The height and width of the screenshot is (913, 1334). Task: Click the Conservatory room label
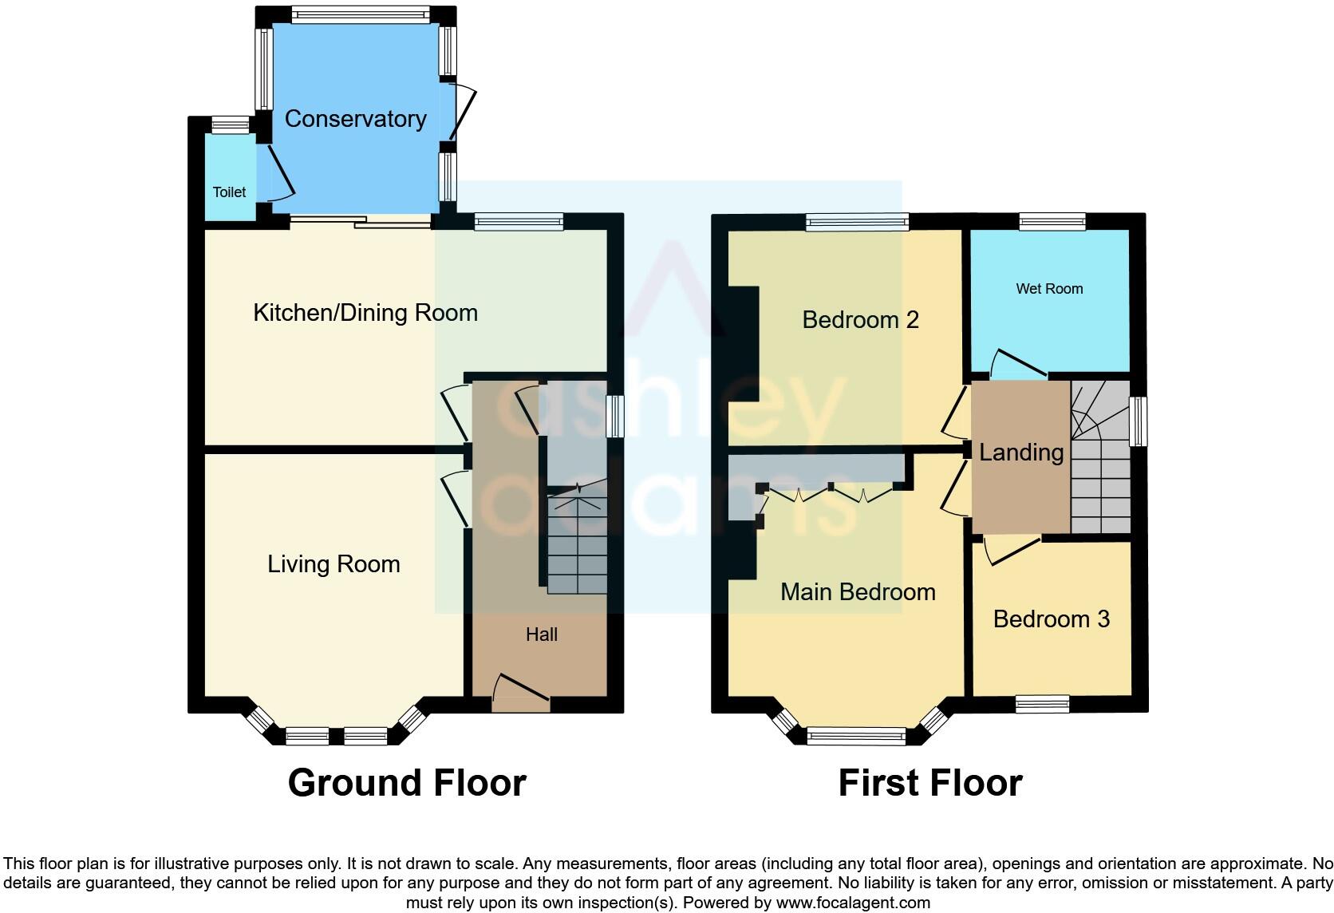coord(355,119)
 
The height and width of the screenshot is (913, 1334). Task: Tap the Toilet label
coord(229,192)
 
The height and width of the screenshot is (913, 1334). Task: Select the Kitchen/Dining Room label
coord(365,313)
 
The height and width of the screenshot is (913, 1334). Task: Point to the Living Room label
coord(333,564)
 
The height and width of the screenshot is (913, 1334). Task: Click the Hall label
coord(541,634)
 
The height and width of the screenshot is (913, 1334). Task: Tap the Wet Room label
coord(1049,289)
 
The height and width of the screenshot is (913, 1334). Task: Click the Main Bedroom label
coord(858,592)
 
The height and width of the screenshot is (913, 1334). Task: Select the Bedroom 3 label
coord(1051,619)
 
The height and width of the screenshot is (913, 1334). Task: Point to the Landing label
coord(1021,453)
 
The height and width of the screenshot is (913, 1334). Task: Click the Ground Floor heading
coord(407,783)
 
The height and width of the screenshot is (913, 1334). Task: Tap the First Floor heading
coord(929,783)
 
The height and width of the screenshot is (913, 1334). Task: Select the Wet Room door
coord(1018,364)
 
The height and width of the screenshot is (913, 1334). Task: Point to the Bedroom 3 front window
coord(1042,703)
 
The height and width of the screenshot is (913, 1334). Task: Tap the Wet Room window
coord(1052,221)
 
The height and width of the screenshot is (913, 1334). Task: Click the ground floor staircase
coord(577,543)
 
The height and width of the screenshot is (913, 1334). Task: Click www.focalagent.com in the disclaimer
coord(852,903)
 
